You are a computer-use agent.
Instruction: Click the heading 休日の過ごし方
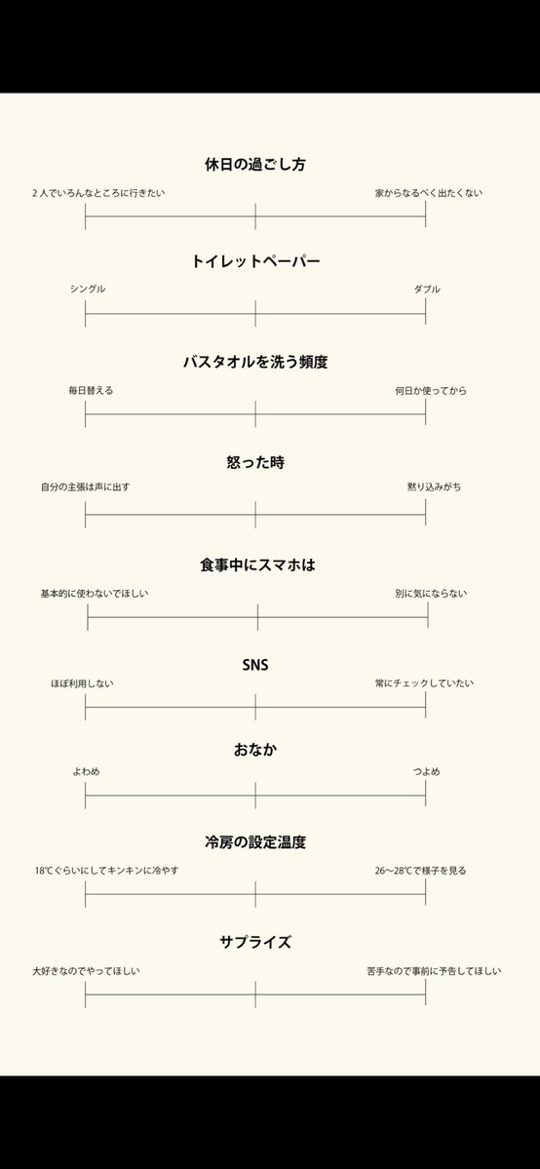(255, 165)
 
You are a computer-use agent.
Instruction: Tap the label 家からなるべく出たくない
(429, 193)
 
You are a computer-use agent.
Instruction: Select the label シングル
(88, 290)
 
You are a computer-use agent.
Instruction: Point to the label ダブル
(427, 290)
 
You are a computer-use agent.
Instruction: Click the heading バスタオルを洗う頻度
(255, 362)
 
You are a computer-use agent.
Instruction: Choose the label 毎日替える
(91, 390)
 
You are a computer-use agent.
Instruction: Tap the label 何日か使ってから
(431, 390)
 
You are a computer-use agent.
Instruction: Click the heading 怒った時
(255, 462)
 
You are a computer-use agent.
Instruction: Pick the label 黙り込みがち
(435, 487)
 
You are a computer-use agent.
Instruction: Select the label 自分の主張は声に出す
(85, 487)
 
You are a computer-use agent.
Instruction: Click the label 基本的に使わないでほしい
(95, 593)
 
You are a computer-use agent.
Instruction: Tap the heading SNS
(255, 666)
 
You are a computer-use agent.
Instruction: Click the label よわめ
(86, 772)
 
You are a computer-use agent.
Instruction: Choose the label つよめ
(426, 772)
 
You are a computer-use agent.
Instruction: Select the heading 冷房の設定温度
(255, 841)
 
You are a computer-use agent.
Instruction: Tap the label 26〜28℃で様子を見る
(421, 871)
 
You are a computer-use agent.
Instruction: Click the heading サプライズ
(255, 942)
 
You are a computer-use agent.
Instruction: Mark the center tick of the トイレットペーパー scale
(255, 314)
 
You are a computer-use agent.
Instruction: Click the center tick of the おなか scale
(255, 796)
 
